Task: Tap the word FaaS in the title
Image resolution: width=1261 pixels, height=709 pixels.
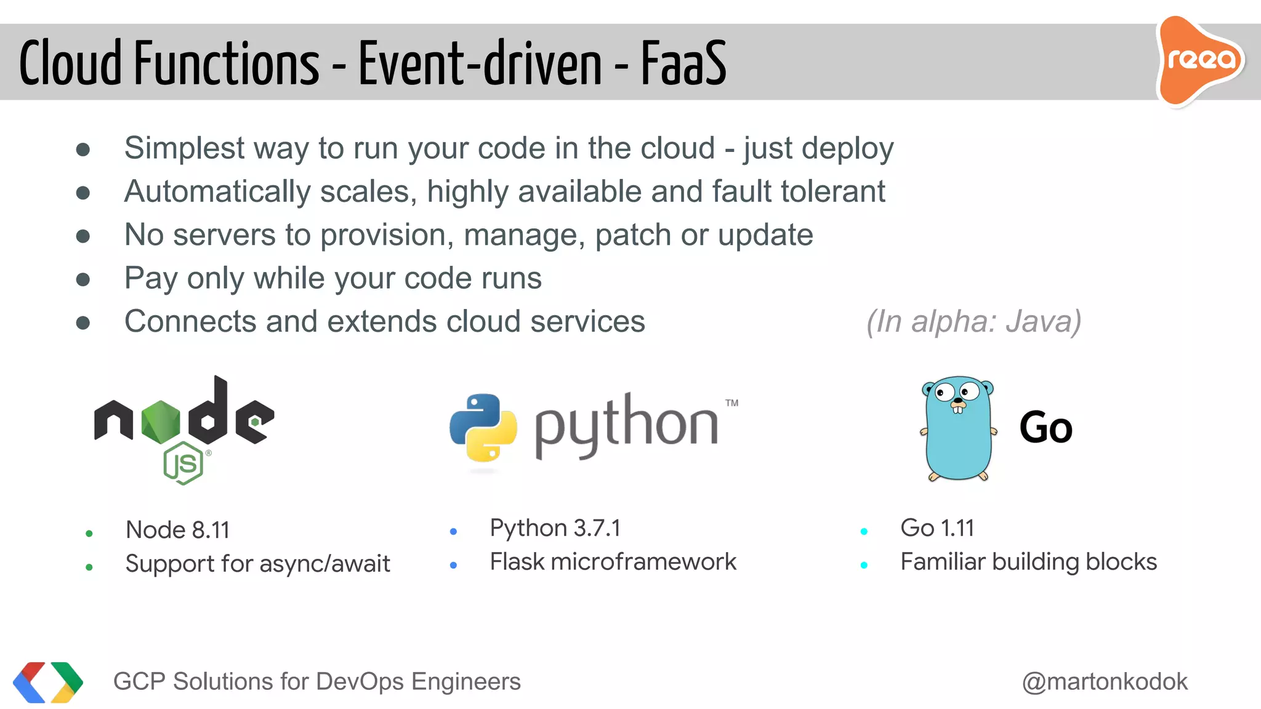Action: [683, 63]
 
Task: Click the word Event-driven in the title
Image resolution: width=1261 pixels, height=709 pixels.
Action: [480, 63]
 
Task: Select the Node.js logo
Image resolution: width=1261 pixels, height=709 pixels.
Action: [183, 428]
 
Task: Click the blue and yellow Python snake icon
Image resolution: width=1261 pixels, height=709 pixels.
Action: [483, 428]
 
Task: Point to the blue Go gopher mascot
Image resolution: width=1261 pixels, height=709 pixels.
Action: [958, 428]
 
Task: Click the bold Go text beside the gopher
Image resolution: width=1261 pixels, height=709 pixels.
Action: [1045, 428]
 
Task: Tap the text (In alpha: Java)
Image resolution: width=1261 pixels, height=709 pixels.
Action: [973, 321]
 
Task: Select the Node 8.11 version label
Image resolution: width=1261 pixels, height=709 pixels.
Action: [177, 530]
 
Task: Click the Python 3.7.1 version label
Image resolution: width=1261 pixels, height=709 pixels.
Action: [555, 528]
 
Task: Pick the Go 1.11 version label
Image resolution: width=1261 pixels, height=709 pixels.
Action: [937, 528]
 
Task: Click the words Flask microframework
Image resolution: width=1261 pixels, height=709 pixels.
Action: [613, 562]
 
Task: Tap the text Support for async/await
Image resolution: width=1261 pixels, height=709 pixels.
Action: [257, 564]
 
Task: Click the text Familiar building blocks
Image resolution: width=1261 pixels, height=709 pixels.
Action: [1028, 562]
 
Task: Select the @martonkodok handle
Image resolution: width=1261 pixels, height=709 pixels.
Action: [1105, 681]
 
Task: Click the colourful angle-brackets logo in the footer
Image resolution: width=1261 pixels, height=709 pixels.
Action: [48, 682]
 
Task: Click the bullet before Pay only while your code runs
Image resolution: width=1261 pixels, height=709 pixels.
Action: [83, 279]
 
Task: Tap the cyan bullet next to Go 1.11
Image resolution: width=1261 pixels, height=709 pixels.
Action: [864, 531]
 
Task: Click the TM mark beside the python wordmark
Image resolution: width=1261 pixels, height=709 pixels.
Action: [731, 403]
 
